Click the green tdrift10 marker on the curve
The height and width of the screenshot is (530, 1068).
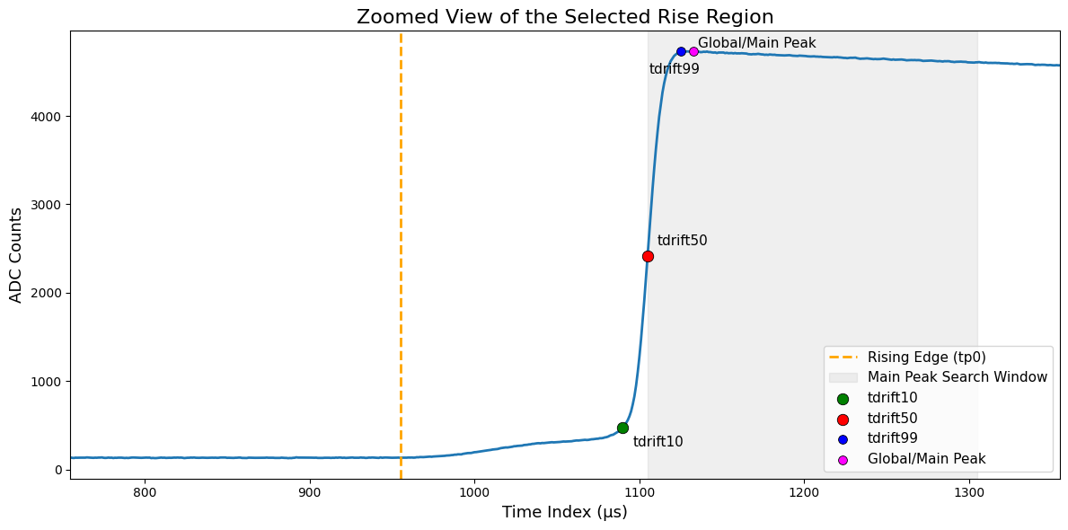[x=622, y=428]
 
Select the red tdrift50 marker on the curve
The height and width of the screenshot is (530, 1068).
[x=648, y=256]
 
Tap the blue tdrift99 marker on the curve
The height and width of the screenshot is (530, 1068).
[x=681, y=51]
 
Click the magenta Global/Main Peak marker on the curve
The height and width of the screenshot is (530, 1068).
[x=693, y=51]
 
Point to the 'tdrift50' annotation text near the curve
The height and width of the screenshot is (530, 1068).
[x=682, y=241]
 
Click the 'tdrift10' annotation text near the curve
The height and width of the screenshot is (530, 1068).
[x=658, y=442]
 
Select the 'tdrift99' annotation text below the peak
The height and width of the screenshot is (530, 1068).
[x=674, y=69]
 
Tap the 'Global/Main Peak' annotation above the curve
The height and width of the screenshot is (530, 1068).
[x=756, y=43]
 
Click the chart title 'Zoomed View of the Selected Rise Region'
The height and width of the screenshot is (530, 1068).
[x=564, y=16]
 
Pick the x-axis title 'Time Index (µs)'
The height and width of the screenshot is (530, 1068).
[x=564, y=512]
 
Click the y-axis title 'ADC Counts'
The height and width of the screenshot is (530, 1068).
[x=15, y=254]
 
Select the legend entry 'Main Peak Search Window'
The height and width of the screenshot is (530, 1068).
[x=957, y=377]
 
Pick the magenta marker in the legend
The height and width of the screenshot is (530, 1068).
[x=843, y=459]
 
